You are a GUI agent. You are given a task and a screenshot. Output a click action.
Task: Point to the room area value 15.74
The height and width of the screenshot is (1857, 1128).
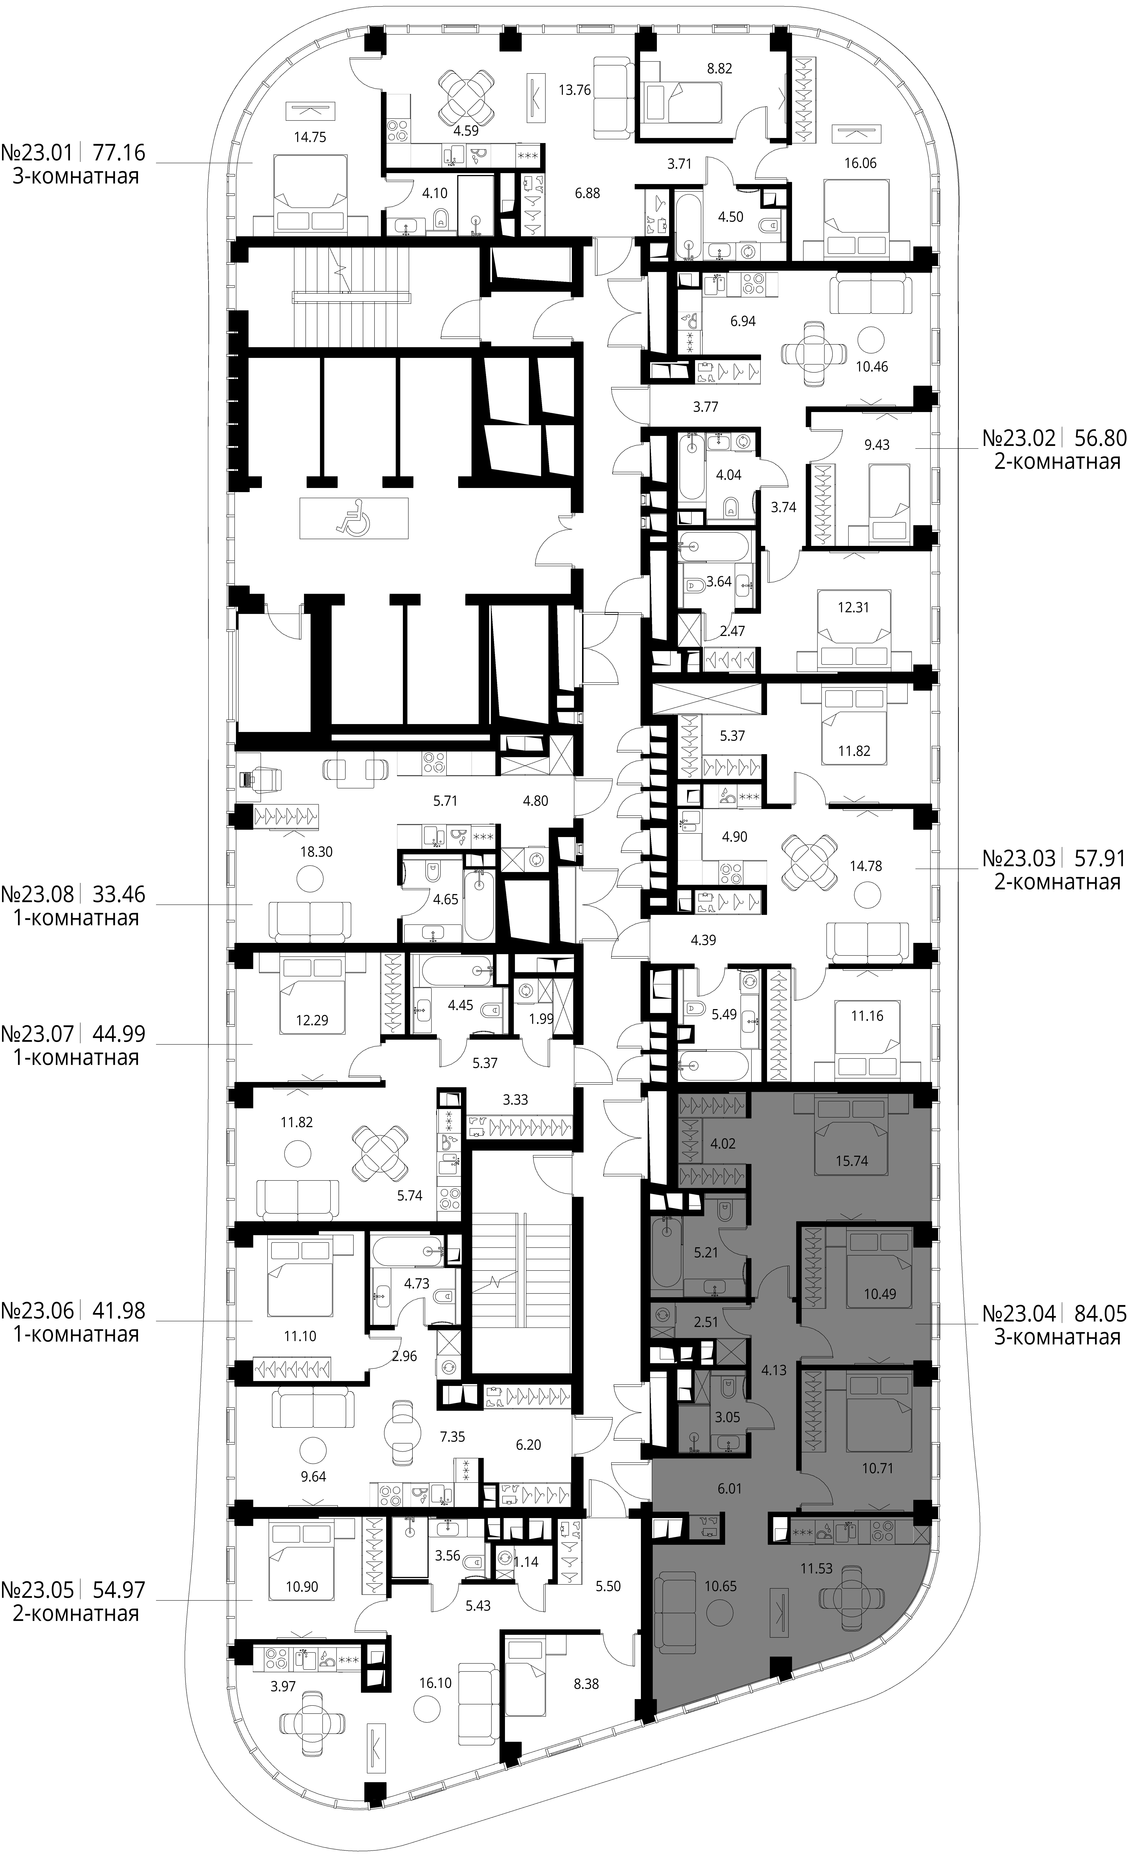coord(851,1161)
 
